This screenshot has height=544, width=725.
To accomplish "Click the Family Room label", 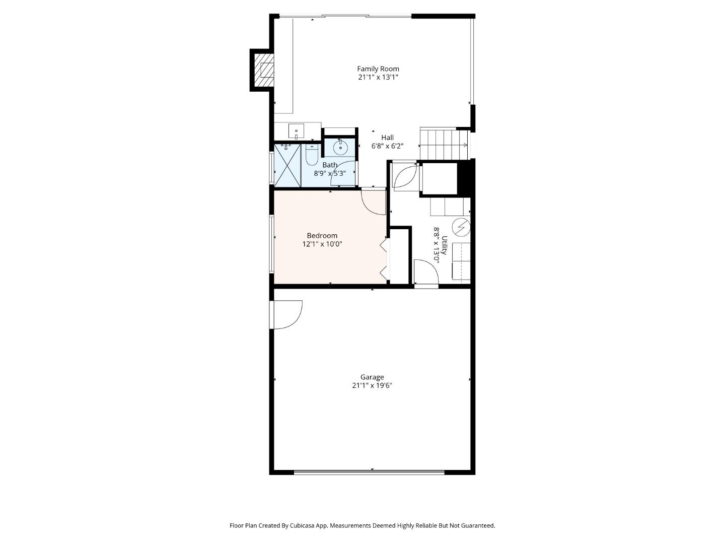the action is point(378,69).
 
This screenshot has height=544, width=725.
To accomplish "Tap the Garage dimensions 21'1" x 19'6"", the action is point(372,385).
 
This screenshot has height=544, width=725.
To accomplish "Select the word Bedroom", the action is point(322,236).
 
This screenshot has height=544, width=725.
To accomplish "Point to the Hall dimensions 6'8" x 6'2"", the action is point(388,146).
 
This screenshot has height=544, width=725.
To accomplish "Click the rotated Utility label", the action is point(444,245).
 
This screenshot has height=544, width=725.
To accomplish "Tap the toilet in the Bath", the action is point(311,155).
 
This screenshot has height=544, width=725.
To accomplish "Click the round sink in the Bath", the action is point(339,148).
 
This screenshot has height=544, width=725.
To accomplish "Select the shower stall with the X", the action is point(287,165).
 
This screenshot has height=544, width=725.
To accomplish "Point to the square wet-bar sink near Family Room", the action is point(296,131).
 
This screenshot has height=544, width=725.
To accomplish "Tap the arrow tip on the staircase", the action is point(467,145).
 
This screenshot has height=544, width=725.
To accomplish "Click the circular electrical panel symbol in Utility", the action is point(461,227).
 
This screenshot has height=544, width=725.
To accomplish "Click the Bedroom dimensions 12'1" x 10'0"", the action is point(322,244).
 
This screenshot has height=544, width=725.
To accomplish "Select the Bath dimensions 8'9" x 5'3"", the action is point(330,173).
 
